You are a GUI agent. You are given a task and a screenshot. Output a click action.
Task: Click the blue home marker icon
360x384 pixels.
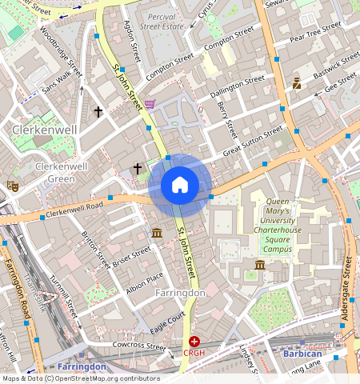tap(180, 186)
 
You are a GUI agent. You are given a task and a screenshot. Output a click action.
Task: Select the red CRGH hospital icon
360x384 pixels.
tap(194, 341)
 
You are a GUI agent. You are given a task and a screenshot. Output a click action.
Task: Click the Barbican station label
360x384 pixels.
tap(302, 353)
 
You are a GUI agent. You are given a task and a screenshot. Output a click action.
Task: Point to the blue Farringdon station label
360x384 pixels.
tap(81, 366)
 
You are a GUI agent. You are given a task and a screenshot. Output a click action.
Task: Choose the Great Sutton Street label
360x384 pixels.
tap(252, 140)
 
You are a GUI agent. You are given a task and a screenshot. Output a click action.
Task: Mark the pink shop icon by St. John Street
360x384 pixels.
tap(150, 104)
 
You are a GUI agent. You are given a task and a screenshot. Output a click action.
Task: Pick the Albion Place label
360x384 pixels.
tap(144, 282)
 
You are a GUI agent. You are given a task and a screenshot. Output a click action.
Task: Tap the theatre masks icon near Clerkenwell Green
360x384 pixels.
tap(12, 186)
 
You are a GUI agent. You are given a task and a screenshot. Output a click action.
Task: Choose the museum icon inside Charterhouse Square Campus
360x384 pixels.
tap(260, 265)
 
